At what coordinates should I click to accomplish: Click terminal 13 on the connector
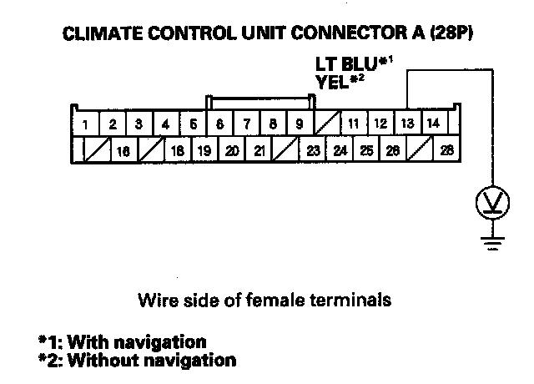[406, 124]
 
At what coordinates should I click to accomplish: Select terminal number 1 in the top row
[85, 125]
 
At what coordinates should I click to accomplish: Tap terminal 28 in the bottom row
[446, 151]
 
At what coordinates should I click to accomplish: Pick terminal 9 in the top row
[299, 124]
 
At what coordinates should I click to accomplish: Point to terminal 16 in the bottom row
[124, 152]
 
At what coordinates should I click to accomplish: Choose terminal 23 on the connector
[313, 151]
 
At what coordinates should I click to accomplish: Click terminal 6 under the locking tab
[219, 124]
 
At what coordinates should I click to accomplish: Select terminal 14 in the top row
[433, 124]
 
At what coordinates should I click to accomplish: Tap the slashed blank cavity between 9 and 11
[326, 124]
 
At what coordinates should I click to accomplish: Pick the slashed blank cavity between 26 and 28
[420, 151]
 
